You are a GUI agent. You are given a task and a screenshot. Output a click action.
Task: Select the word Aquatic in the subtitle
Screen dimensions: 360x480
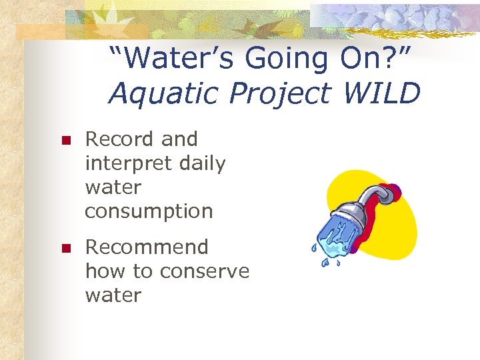(155, 94)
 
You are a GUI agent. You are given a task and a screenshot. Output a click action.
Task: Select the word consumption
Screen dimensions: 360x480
(149, 211)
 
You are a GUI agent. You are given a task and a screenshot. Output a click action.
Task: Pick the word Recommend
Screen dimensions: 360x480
(147, 247)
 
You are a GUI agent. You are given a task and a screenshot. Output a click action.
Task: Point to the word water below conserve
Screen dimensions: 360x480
(113, 295)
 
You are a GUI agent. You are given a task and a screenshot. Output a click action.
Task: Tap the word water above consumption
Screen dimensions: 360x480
(113, 187)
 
